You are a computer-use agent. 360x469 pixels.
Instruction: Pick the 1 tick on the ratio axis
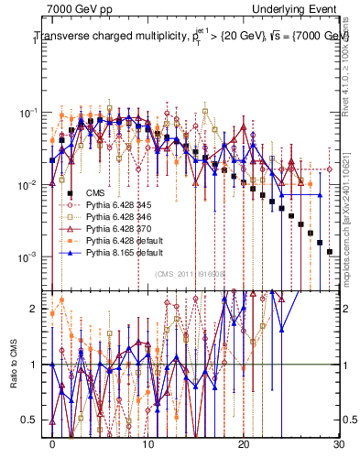pyautogui.click(x=34, y=365)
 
